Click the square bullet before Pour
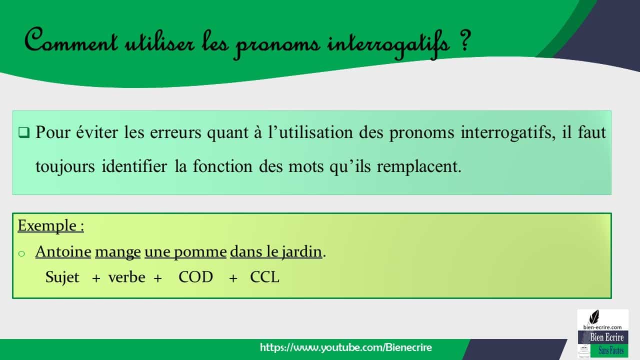click(x=24, y=133)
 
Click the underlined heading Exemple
click(x=50, y=226)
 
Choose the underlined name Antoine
click(x=63, y=251)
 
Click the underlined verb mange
click(x=117, y=251)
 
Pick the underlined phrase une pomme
click(x=185, y=251)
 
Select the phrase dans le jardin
click(x=275, y=251)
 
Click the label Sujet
click(x=62, y=277)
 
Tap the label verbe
click(x=126, y=277)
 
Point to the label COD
click(x=195, y=277)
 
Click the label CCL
click(x=264, y=277)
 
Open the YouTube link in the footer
click(x=345, y=347)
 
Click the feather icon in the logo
click(x=594, y=317)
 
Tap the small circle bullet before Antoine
click(x=21, y=253)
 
